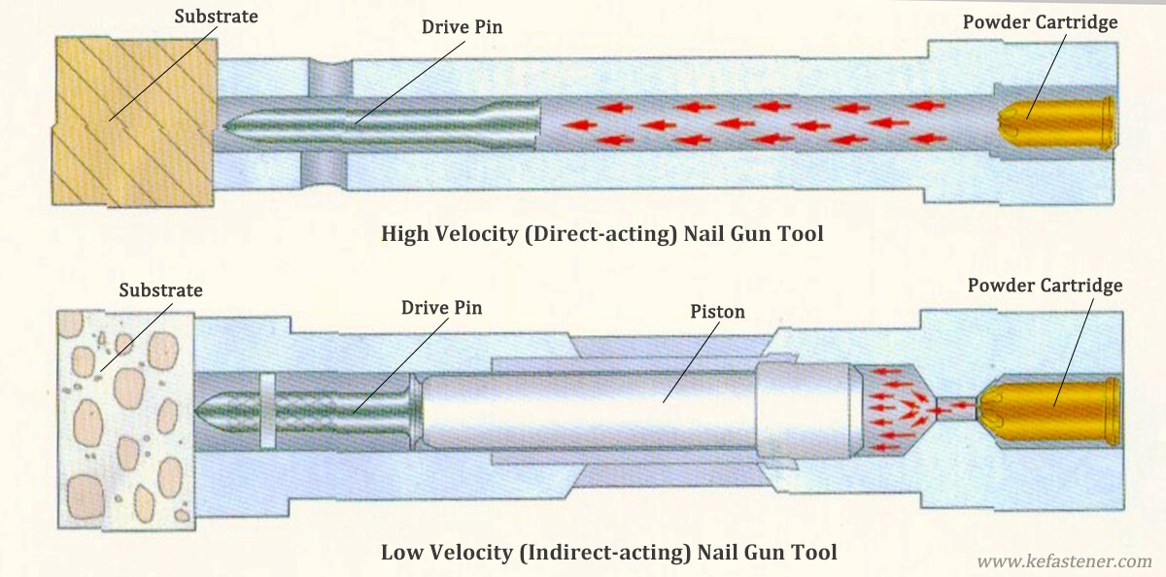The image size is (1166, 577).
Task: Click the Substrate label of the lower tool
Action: click(x=160, y=290)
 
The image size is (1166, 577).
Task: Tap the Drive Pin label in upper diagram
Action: click(x=461, y=26)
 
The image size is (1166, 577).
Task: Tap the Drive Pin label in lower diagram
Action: click(x=441, y=308)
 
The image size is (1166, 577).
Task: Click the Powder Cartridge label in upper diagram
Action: click(x=1040, y=21)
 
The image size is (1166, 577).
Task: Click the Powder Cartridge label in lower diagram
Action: click(x=1045, y=286)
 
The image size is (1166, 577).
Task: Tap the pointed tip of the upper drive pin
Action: click(x=229, y=124)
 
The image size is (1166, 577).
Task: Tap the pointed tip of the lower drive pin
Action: click(x=200, y=411)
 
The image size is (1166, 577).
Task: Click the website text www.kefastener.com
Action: click(x=1063, y=560)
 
